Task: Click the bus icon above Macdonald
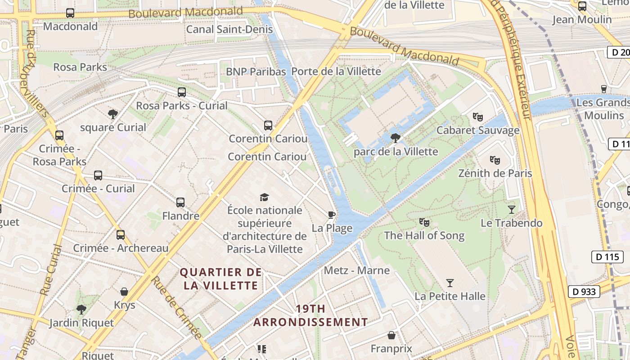click(x=70, y=13)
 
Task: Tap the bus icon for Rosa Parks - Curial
click(x=182, y=92)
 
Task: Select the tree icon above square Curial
click(x=113, y=114)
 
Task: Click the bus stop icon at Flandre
click(x=180, y=202)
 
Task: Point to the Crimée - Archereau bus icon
click(x=121, y=235)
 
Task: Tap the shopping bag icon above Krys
click(x=124, y=292)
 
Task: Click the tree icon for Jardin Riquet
click(x=81, y=309)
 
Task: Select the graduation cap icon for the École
click(x=265, y=197)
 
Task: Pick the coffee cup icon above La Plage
click(x=332, y=214)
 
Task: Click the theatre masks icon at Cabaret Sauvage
click(x=478, y=117)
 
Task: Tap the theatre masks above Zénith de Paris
click(x=495, y=160)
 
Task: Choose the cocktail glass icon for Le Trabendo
click(x=512, y=209)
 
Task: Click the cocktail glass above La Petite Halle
click(x=450, y=283)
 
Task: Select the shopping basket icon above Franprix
click(x=391, y=335)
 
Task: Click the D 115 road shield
click(x=607, y=257)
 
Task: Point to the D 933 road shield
click(x=584, y=292)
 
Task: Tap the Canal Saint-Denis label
click(x=229, y=30)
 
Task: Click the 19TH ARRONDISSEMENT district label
click(x=310, y=315)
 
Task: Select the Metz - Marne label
click(x=357, y=270)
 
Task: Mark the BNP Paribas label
click(x=256, y=72)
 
